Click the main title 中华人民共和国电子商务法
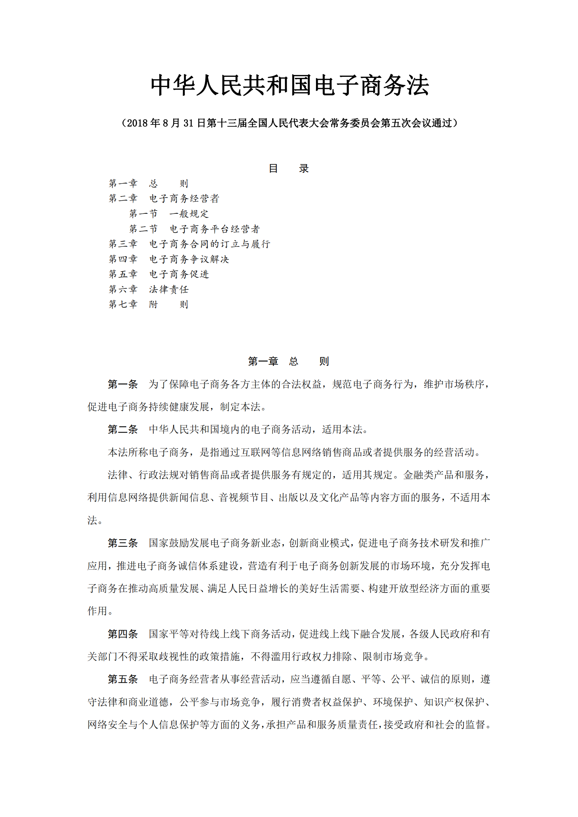(x=290, y=86)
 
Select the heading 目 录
(x=289, y=169)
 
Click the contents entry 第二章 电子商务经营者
(x=164, y=198)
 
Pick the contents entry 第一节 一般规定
(x=169, y=214)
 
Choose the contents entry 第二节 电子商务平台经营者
(x=194, y=229)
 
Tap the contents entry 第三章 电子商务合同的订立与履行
(x=190, y=244)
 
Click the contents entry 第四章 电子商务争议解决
(x=169, y=259)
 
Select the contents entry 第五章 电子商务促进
(x=159, y=274)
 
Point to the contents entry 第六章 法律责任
(x=149, y=289)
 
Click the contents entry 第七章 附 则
(x=148, y=304)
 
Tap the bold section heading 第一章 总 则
(x=288, y=361)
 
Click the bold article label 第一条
(x=122, y=384)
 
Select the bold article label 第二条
(x=122, y=430)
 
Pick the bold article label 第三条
(x=122, y=543)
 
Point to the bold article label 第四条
(x=122, y=634)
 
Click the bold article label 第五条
(x=122, y=679)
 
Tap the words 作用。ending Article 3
(x=100, y=611)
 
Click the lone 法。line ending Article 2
(x=95, y=521)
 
